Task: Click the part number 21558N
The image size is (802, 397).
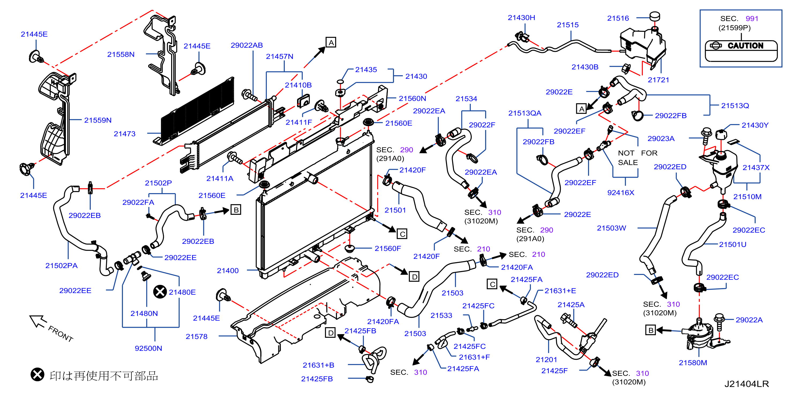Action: [121, 54]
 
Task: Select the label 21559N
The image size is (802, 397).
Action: [98, 120]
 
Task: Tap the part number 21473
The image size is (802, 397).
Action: [125, 134]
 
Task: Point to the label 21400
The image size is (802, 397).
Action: [228, 271]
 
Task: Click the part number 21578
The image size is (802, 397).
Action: [196, 337]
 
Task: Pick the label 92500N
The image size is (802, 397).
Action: [148, 349]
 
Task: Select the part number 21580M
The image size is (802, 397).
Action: [693, 363]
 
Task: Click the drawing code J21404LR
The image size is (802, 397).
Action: [747, 384]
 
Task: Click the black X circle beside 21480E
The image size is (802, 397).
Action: [160, 292]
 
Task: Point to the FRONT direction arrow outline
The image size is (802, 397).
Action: [38, 321]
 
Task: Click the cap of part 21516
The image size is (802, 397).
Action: [654, 16]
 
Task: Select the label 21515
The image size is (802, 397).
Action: [568, 25]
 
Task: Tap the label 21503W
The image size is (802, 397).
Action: [611, 228]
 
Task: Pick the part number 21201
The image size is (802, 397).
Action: [546, 360]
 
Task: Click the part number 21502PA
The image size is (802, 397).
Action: [61, 266]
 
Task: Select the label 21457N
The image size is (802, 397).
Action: [279, 57]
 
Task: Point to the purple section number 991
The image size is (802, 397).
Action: [752, 19]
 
